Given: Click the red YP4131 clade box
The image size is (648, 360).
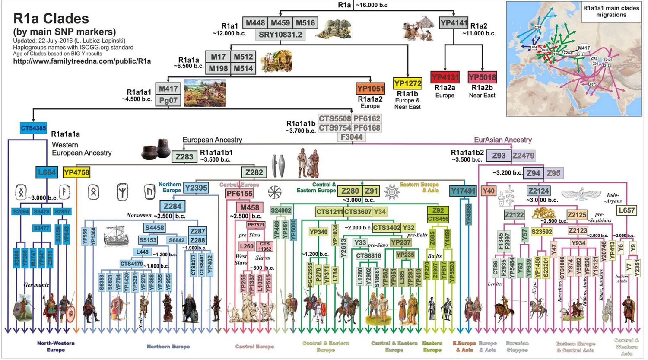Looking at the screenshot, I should tap(445, 77).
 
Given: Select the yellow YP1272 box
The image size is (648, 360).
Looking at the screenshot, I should tap(407, 83).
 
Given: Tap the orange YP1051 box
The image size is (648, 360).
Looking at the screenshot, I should tap(370, 89).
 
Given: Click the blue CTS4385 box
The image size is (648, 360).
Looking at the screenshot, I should tap(33, 128).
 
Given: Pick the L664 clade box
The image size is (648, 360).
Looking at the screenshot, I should tap(47, 172).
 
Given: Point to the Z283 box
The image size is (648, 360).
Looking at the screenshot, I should tap(184, 156).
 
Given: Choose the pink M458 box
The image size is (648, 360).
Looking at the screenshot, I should tap(250, 207).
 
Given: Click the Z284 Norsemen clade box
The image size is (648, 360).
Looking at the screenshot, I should tap(172, 206).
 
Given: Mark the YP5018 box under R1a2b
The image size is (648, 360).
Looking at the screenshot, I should tap(482, 77).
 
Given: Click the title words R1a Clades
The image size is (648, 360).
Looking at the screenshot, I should tap(51, 19).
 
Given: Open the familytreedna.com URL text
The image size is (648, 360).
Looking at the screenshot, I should tap(82, 61).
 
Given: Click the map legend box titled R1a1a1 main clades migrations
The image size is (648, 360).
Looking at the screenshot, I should tap(611, 11).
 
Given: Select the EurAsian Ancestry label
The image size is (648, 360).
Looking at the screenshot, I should tap(502, 140).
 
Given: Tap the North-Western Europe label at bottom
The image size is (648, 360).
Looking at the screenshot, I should tap(56, 346).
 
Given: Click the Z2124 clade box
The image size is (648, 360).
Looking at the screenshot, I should tap(538, 191).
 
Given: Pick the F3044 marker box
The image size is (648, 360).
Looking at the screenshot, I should tap(352, 137).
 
